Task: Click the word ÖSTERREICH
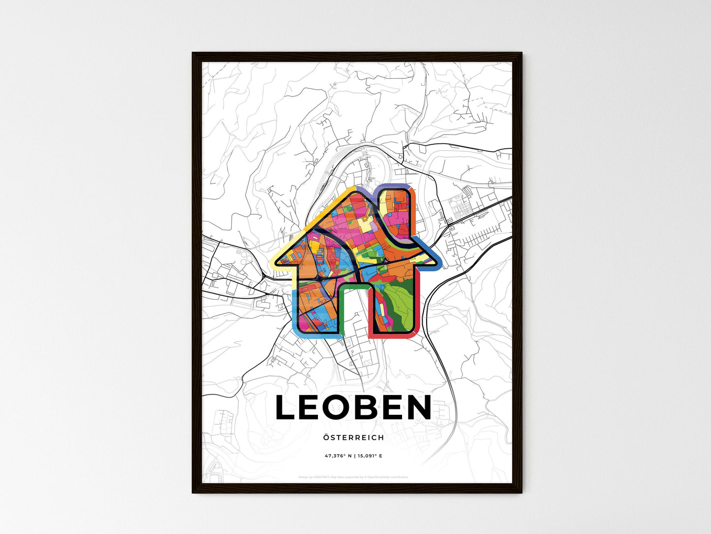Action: tap(354, 437)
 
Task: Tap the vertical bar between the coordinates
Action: tap(354, 456)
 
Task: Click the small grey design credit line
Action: tap(353, 477)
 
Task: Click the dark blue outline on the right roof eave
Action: tap(433, 254)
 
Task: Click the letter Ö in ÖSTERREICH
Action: tap(326, 437)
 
